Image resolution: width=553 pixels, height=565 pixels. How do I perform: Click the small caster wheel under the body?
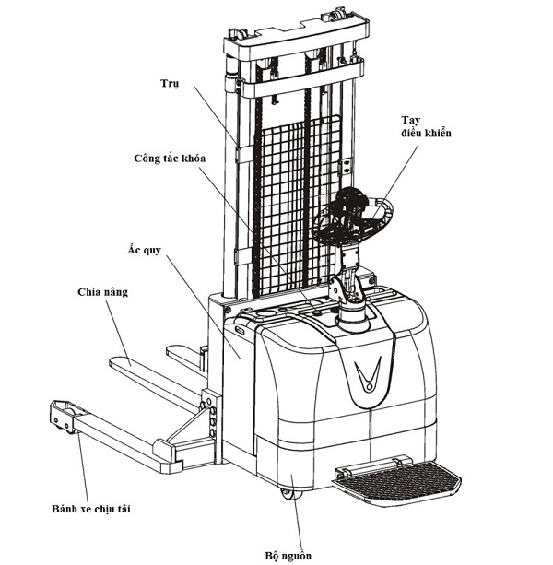(x=291, y=494)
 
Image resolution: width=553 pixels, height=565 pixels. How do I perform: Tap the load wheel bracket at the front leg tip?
(x=63, y=416)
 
